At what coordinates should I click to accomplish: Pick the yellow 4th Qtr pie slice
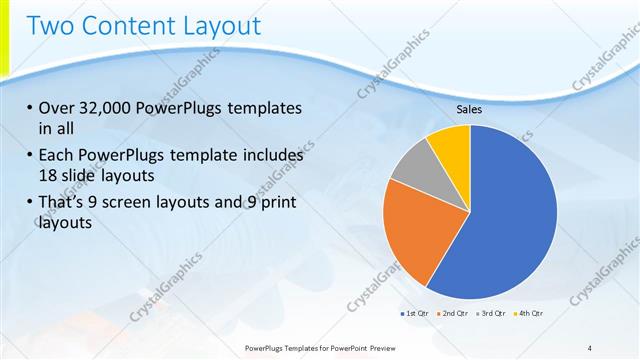(x=451, y=145)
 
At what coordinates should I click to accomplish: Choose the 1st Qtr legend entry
(x=415, y=314)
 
